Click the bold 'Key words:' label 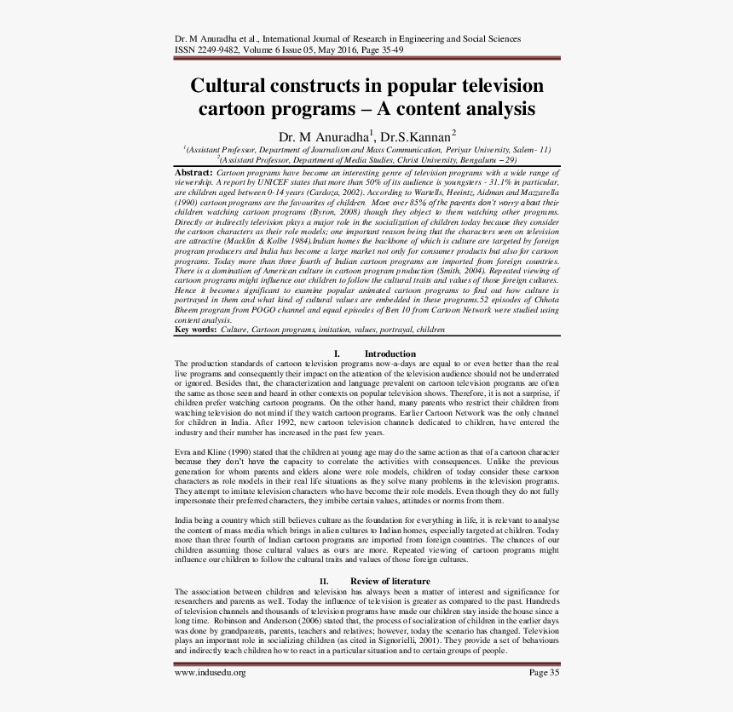[195, 329]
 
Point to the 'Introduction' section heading [390, 353]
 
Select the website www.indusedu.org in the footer [210, 673]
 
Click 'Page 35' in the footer [544, 673]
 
